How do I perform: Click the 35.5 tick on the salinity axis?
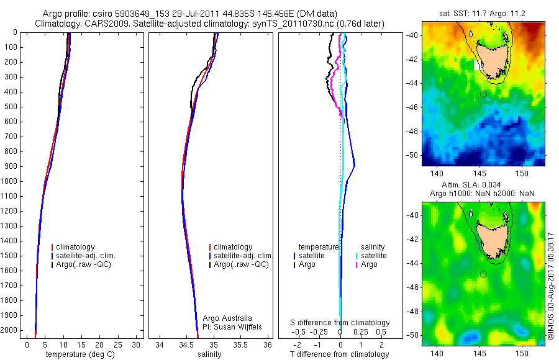pyautogui.click(x=242, y=344)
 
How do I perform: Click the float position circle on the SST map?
pyautogui.click(x=483, y=94)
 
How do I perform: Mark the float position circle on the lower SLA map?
pyautogui.click(x=483, y=274)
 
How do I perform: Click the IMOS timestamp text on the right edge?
pyautogui.click(x=551, y=286)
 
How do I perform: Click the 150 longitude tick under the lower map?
pyautogui.click(x=521, y=352)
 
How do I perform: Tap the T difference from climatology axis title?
pyautogui.click(x=339, y=354)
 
